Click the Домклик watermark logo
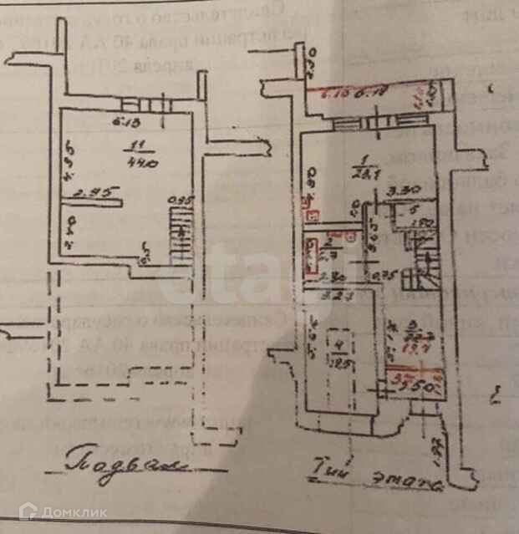pos(62,511)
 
